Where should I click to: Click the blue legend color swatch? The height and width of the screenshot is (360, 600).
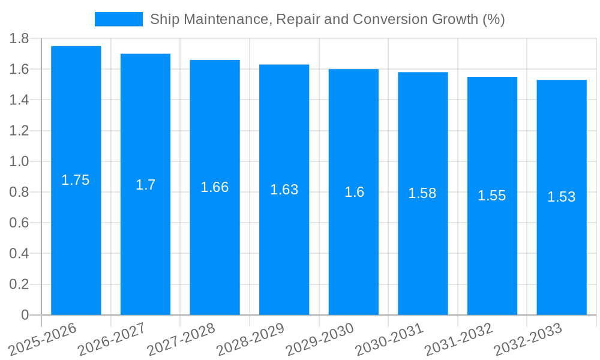118,19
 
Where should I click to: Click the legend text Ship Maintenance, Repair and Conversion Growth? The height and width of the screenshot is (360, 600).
327,19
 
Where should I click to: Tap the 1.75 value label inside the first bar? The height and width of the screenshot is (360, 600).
76,180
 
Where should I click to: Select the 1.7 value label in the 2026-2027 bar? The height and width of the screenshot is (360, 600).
145,184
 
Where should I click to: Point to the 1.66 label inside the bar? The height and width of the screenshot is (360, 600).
214,187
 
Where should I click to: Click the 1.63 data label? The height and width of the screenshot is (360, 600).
284,190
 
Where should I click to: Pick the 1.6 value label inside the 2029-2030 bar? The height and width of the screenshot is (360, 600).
353,192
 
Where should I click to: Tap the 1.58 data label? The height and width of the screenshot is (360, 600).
422,193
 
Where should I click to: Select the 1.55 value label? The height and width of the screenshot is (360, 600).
492,196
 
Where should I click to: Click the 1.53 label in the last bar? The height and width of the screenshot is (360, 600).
561,197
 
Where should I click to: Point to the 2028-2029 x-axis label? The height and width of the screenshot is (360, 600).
251,339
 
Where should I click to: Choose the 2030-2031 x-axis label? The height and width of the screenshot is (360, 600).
390,339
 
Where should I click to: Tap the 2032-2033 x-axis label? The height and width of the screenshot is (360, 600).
528,339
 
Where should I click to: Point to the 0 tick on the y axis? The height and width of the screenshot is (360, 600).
25,315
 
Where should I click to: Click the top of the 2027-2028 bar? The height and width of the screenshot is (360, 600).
215,61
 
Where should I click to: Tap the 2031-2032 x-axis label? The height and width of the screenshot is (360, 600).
459,339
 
